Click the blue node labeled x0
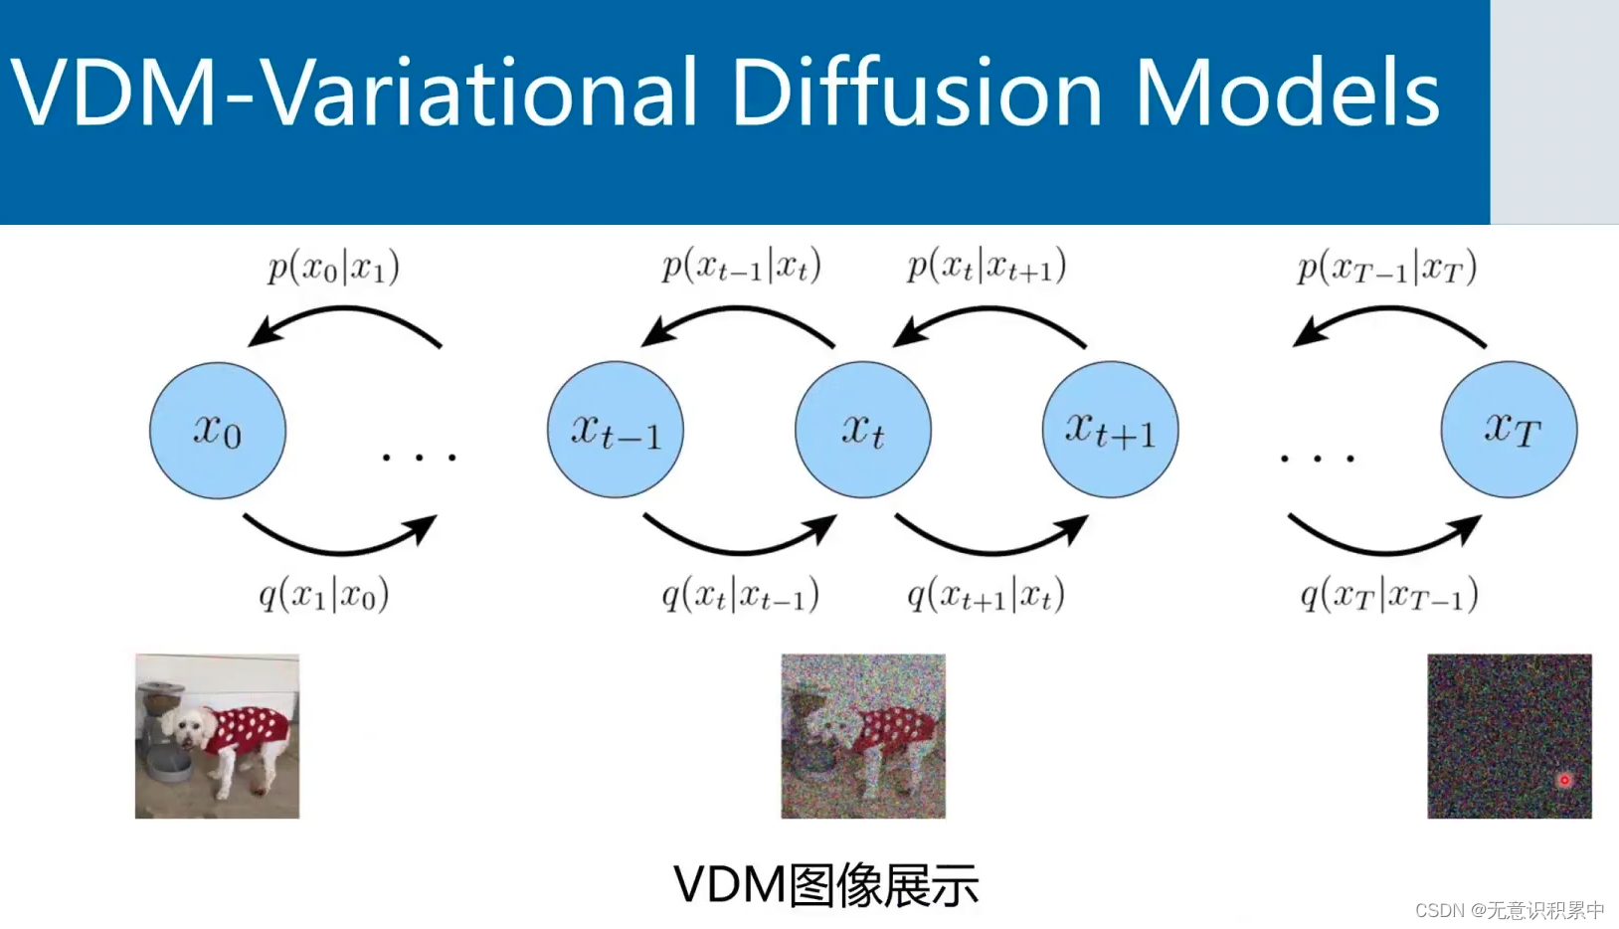[x=218, y=430]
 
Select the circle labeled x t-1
[x=616, y=430]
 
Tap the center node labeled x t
[x=863, y=430]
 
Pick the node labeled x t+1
[x=1110, y=430]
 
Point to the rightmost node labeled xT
[x=1509, y=430]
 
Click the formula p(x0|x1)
[x=333, y=268]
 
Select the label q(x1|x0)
[x=324, y=595]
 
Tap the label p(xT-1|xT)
[x=1387, y=268]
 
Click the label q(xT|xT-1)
[x=1389, y=596]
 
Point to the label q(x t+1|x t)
[x=986, y=596]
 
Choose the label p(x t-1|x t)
[x=742, y=267]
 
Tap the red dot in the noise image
[x=1564, y=780]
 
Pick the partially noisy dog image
[x=863, y=736]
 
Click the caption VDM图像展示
[x=826, y=884]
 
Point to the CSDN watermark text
[x=1510, y=910]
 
